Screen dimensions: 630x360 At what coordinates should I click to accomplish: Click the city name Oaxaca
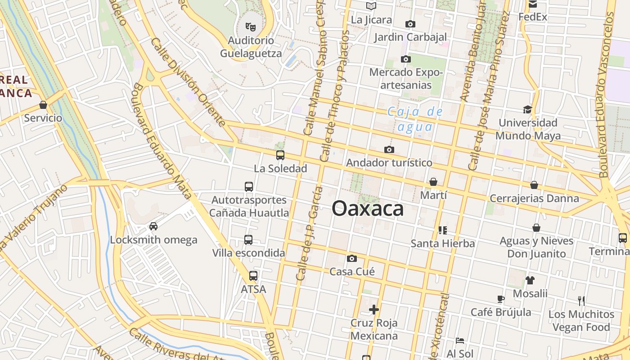click(368, 209)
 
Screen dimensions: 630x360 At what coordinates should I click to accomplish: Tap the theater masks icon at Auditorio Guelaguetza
click(251, 27)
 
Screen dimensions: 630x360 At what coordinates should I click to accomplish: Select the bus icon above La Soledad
click(280, 155)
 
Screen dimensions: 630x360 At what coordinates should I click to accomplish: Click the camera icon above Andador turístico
click(389, 149)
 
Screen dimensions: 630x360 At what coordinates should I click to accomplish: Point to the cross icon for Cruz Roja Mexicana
click(373, 310)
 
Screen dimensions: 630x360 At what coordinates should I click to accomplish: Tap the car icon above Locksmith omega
click(153, 226)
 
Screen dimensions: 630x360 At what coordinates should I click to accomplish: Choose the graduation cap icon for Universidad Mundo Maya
click(527, 109)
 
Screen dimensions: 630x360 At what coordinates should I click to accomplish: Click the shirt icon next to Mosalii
click(530, 280)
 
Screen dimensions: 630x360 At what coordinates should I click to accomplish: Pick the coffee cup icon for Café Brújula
click(500, 299)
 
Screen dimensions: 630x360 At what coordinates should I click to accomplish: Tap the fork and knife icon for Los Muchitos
click(581, 301)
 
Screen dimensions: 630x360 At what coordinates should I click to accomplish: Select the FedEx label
click(533, 17)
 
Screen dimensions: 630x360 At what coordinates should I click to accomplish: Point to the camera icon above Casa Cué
click(352, 258)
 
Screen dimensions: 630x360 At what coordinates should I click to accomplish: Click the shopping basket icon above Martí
click(433, 182)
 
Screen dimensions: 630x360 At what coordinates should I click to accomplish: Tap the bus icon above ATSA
click(253, 276)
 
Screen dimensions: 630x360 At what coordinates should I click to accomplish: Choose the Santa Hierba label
click(443, 243)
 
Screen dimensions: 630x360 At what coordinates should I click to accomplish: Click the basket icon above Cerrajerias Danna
click(534, 185)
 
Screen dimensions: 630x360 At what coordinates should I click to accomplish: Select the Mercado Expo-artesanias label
click(406, 79)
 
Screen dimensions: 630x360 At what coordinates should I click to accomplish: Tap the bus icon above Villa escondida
click(248, 240)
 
